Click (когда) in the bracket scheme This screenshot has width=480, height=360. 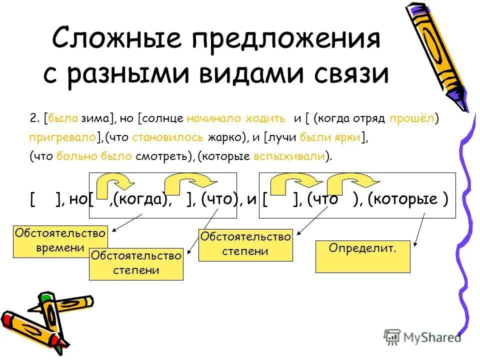[139, 199]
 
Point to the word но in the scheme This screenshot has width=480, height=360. [77, 199]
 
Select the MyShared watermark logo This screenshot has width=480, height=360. [422, 337]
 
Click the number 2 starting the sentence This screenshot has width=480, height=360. [33, 118]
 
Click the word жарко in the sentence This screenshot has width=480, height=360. [231, 137]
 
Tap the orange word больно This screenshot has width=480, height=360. [74, 156]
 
